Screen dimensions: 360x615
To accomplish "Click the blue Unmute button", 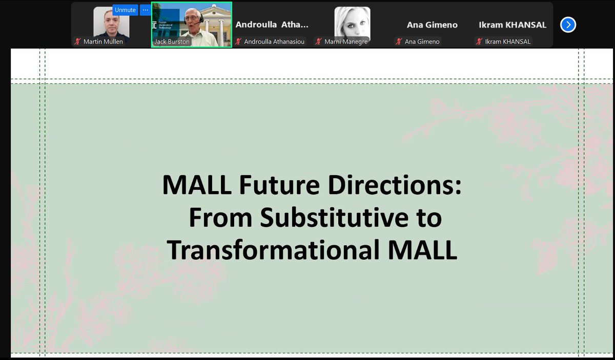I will pos(126,10).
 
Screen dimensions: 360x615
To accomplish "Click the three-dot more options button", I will pos(145,10).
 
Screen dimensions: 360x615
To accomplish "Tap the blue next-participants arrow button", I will pos(568,25).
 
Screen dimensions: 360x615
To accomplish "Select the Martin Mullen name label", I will pos(103,41).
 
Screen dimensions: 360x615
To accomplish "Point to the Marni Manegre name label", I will pos(346,41).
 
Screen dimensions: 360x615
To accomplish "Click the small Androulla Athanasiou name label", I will pos(274,41).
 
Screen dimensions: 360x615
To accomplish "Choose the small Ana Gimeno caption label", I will pos(422,41).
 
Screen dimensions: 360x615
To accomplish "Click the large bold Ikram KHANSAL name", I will pos(512,25).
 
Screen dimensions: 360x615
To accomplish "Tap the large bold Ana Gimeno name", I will pos(432,25).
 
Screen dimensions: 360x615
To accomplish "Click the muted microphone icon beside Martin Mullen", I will pos(78,41).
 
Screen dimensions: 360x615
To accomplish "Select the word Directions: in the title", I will pos(395,185).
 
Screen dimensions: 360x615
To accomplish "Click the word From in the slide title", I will pos(221,218).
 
